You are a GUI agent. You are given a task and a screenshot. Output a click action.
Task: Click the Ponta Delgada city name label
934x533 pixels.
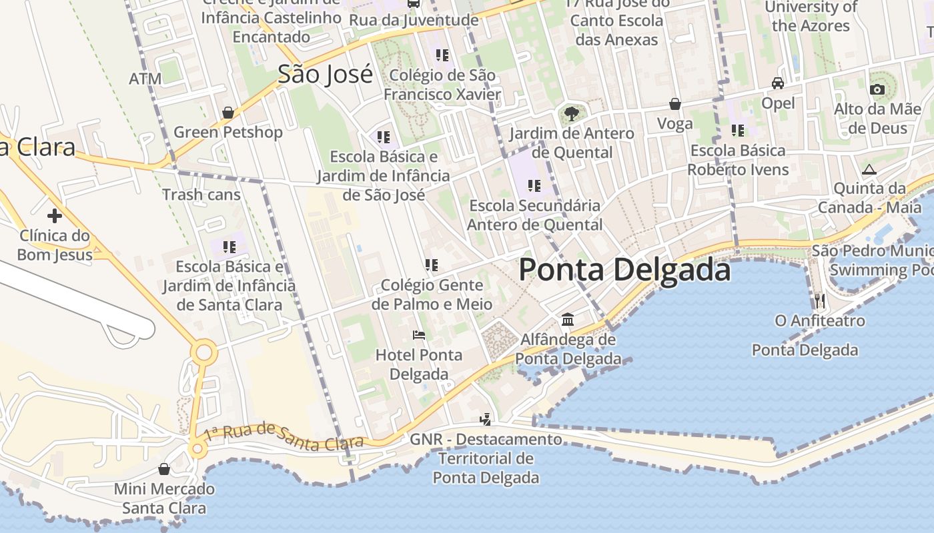point(624,270)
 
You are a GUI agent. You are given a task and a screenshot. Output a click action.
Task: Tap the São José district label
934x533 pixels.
point(325,74)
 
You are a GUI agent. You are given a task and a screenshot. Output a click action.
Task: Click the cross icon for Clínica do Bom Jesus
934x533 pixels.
point(55,216)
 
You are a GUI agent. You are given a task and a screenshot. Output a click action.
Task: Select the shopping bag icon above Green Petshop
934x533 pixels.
point(228,113)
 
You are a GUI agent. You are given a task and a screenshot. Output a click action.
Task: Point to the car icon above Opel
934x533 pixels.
point(778,83)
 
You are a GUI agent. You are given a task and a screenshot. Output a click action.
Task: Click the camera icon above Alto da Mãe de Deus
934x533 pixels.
point(877,89)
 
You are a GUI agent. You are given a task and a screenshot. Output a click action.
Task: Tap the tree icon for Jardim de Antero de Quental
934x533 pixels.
point(571,113)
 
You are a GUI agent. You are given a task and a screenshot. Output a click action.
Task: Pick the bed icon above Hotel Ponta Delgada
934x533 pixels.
point(419,334)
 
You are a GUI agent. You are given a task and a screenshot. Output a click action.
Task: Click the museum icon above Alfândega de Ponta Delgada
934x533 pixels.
point(568,320)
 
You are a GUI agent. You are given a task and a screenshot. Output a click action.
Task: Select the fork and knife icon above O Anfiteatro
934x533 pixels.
point(820,300)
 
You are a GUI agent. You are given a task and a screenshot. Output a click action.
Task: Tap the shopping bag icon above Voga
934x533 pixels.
point(675,104)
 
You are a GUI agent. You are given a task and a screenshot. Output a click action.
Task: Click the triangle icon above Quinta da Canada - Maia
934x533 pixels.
point(869,169)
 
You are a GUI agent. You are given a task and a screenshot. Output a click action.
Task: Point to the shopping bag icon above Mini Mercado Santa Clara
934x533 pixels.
point(164,469)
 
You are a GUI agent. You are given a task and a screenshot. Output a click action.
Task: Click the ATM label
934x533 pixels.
point(145,79)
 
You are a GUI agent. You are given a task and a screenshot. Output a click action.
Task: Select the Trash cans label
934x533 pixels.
point(201,195)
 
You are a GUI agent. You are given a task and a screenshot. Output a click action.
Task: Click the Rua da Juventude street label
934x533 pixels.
point(414,20)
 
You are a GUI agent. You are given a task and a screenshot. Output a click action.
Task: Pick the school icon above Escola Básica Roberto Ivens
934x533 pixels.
point(738,131)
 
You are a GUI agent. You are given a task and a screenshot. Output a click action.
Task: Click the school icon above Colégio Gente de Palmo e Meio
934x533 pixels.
point(432,265)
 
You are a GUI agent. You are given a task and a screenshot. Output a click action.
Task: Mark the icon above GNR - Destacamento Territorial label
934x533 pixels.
point(486,420)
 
